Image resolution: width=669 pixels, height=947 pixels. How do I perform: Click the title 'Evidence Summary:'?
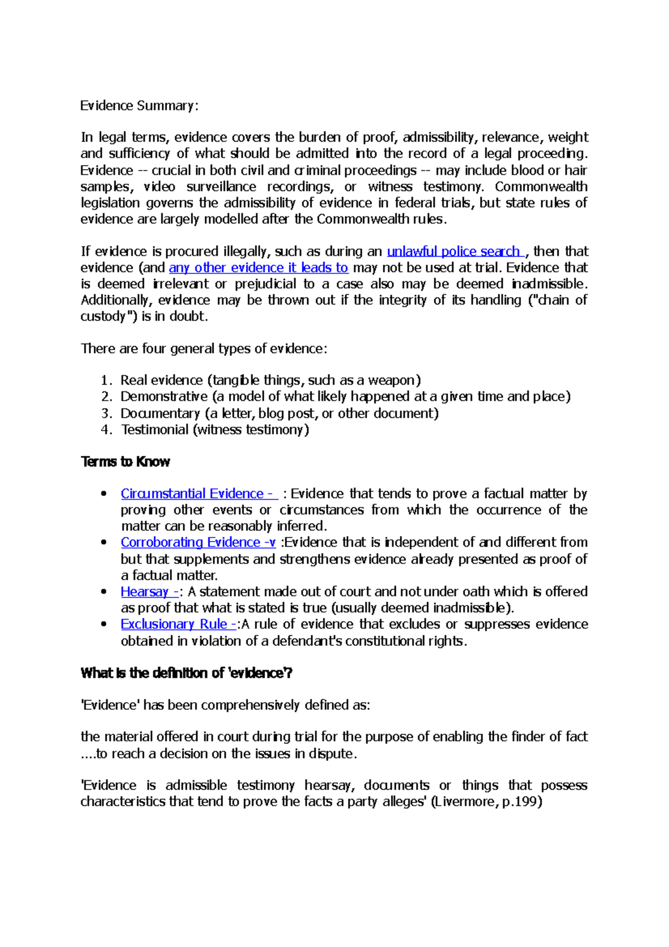(x=139, y=105)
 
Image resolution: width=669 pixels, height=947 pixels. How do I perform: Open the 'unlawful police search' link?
(x=453, y=252)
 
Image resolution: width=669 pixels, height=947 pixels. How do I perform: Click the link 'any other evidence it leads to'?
(x=258, y=268)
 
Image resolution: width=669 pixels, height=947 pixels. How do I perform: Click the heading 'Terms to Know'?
(x=125, y=462)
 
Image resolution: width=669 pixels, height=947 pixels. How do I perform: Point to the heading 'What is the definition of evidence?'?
(x=186, y=673)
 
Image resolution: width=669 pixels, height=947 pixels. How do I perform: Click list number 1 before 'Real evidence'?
(x=105, y=380)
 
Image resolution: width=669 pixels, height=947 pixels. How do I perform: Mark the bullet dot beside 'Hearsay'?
(x=103, y=592)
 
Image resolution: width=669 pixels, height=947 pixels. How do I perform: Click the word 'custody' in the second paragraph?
(x=103, y=317)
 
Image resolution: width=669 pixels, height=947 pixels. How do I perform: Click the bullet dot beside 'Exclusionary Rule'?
(x=103, y=624)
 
